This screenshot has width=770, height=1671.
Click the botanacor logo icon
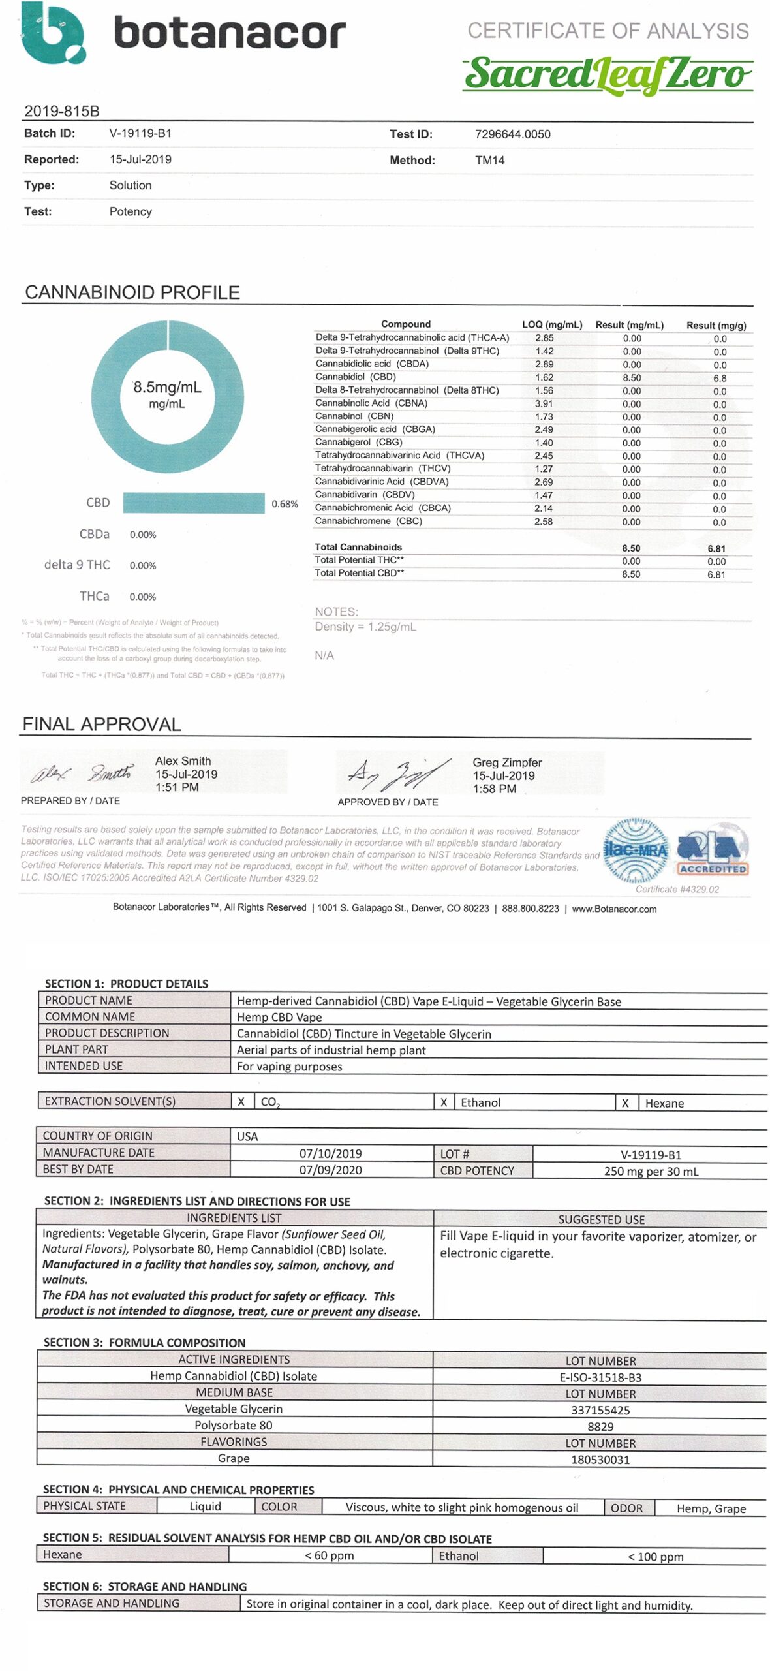coord(54,33)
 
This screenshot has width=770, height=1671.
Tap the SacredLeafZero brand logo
coord(608,74)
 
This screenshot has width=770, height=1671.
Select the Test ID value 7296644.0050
coord(512,134)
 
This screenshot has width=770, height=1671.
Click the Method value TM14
coord(489,161)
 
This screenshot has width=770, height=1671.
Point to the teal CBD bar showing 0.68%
coord(194,503)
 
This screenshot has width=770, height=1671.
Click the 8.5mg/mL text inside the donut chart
coord(167,387)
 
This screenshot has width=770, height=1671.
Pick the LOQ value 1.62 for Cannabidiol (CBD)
coord(544,377)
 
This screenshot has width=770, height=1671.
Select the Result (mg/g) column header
coord(716,325)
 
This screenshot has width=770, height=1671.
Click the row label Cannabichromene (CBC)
coord(368,521)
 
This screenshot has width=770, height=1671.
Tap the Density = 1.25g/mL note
coord(365,627)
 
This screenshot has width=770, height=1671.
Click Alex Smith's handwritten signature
coord(82,773)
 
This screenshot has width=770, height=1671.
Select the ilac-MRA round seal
coord(636,850)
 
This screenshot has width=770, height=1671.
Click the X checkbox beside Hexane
coord(625,1103)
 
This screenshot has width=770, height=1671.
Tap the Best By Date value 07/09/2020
coord(330,1170)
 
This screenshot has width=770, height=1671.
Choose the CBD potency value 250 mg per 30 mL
coord(651,1171)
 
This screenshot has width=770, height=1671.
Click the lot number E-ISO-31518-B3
coord(600,1377)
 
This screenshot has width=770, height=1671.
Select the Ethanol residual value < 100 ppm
coord(655,1557)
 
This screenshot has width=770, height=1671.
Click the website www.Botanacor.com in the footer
coord(614,909)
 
